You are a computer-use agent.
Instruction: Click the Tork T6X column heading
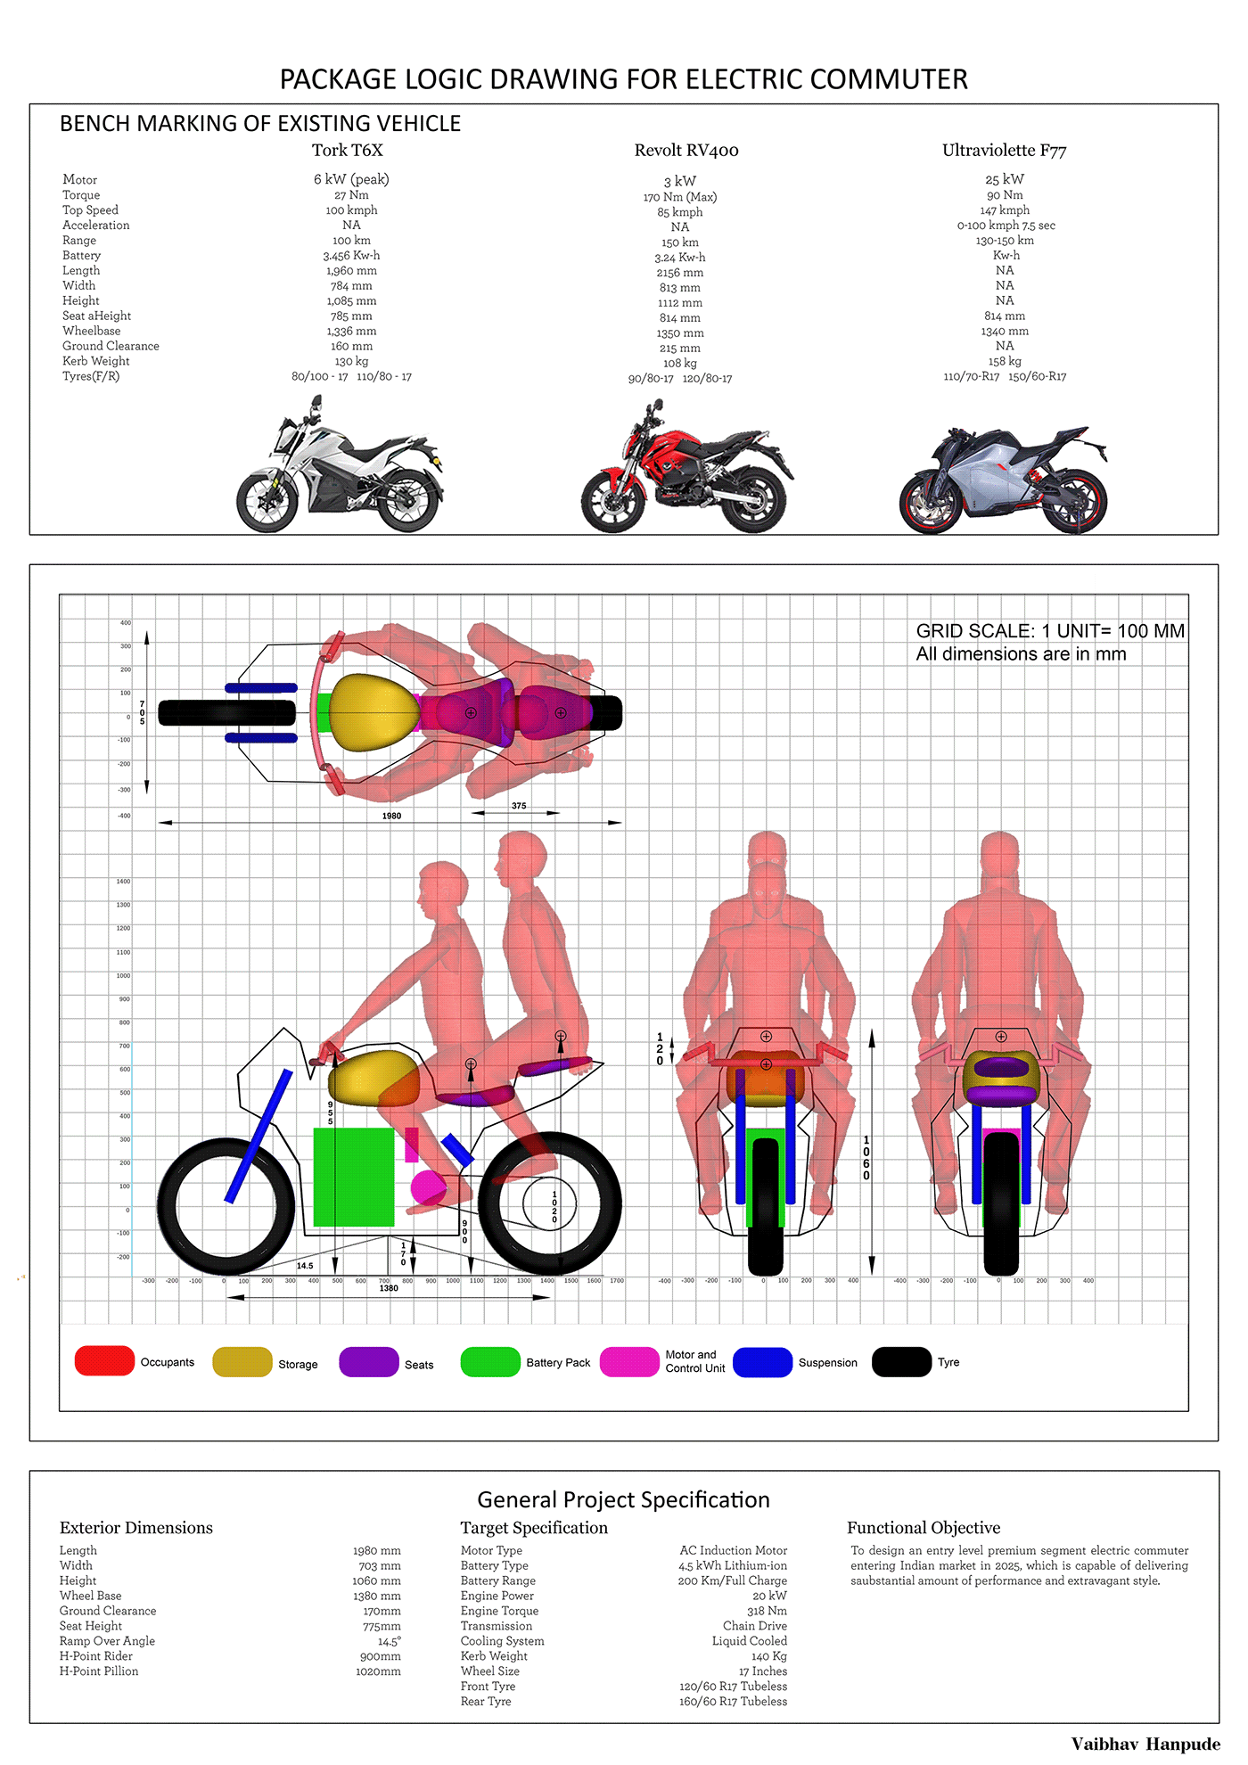(347, 150)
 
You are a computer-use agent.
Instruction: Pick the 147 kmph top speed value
(1004, 210)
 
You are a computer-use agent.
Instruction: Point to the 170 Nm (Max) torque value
(679, 197)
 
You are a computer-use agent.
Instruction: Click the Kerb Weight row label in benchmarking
(95, 361)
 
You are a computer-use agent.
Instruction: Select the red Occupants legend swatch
(104, 1361)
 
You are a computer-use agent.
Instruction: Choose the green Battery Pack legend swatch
(489, 1362)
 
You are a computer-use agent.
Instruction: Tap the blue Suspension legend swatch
(762, 1362)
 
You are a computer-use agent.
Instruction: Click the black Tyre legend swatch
(901, 1362)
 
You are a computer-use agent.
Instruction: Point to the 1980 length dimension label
(391, 816)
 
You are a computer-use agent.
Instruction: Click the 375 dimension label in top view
(519, 806)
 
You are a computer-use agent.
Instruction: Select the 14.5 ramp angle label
(305, 1266)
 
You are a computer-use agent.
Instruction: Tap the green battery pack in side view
(353, 1177)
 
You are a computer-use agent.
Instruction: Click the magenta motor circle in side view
(428, 1187)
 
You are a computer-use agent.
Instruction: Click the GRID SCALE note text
(1050, 631)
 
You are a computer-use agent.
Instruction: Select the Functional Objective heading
(923, 1528)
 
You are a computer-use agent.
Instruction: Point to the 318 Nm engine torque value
(767, 1611)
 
